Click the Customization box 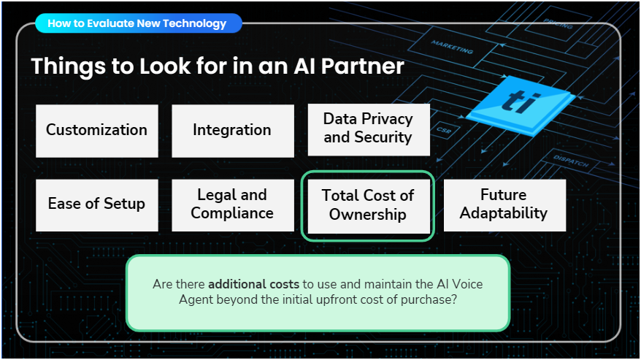click(x=96, y=130)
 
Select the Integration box click(x=232, y=130)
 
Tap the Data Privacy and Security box click(x=368, y=129)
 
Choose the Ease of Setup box click(x=96, y=204)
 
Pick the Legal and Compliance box click(x=232, y=204)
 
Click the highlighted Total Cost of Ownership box click(x=367, y=205)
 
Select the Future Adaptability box click(x=504, y=204)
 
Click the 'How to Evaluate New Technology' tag click(x=137, y=23)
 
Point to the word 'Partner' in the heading click(x=358, y=66)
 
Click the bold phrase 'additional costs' click(x=253, y=284)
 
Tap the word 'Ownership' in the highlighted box click(x=367, y=215)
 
